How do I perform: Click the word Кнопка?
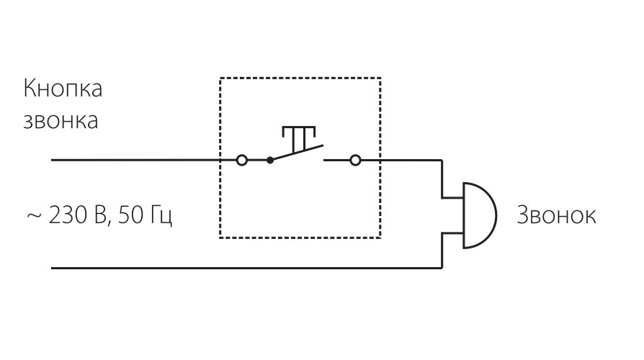pos(63,90)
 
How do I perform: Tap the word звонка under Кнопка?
pos(61,120)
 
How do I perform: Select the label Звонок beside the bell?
pos(556,215)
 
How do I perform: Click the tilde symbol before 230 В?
pos(33,215)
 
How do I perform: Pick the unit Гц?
pos(161,215)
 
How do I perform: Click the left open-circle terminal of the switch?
pos(242,160)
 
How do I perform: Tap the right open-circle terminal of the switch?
pos(354,160)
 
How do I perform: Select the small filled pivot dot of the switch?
pos(270,160)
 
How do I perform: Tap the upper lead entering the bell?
pos(452,196)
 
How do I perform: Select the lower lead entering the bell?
pos(452,233)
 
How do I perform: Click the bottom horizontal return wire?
pos(245,269)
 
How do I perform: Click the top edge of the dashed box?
pos(300,78)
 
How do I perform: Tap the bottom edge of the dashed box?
pos(300,237)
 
